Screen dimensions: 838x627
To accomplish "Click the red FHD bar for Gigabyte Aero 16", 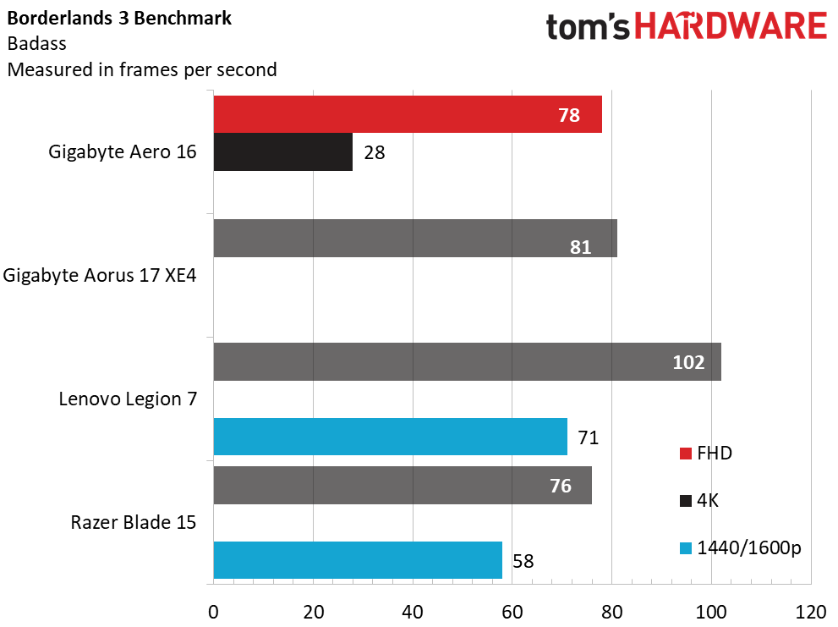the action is [408, 114].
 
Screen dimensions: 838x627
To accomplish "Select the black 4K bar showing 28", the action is [283, 152].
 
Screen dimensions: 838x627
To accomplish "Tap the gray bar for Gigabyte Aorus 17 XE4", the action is [415, 238].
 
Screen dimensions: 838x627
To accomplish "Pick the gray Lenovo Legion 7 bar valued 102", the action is [467, 361].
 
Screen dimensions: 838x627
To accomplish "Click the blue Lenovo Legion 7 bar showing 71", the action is [390, 437].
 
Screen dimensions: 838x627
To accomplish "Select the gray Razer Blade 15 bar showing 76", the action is [403, 485].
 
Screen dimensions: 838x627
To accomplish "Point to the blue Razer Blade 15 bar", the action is [358, 560].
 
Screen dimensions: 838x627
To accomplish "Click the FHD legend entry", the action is [705, 454].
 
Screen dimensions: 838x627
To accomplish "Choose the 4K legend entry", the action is [699, 501].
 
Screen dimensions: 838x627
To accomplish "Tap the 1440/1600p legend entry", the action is [740, 548].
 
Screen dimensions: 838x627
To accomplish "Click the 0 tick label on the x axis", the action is [213, 612].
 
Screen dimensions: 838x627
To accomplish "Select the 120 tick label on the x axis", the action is [811, 612].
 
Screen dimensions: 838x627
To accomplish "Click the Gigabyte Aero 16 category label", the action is [123, 152].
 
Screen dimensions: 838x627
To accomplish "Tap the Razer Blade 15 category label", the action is [134, 522].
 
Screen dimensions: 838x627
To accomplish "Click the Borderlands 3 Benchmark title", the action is [119, 18].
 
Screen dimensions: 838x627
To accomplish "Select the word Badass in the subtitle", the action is [37, 43].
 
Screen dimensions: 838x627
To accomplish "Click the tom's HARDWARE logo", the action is [687, 26].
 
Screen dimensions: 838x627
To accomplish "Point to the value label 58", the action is [523, 561].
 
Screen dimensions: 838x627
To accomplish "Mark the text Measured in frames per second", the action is [142, 70].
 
